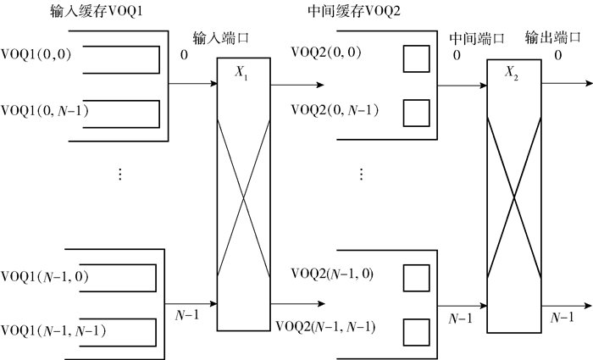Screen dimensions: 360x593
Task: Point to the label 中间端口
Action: (476, 39)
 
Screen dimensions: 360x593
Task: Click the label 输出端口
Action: (552, 39)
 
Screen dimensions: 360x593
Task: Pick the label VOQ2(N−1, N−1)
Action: (326, 327)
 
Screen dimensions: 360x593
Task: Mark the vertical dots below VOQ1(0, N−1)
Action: (120, 174)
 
